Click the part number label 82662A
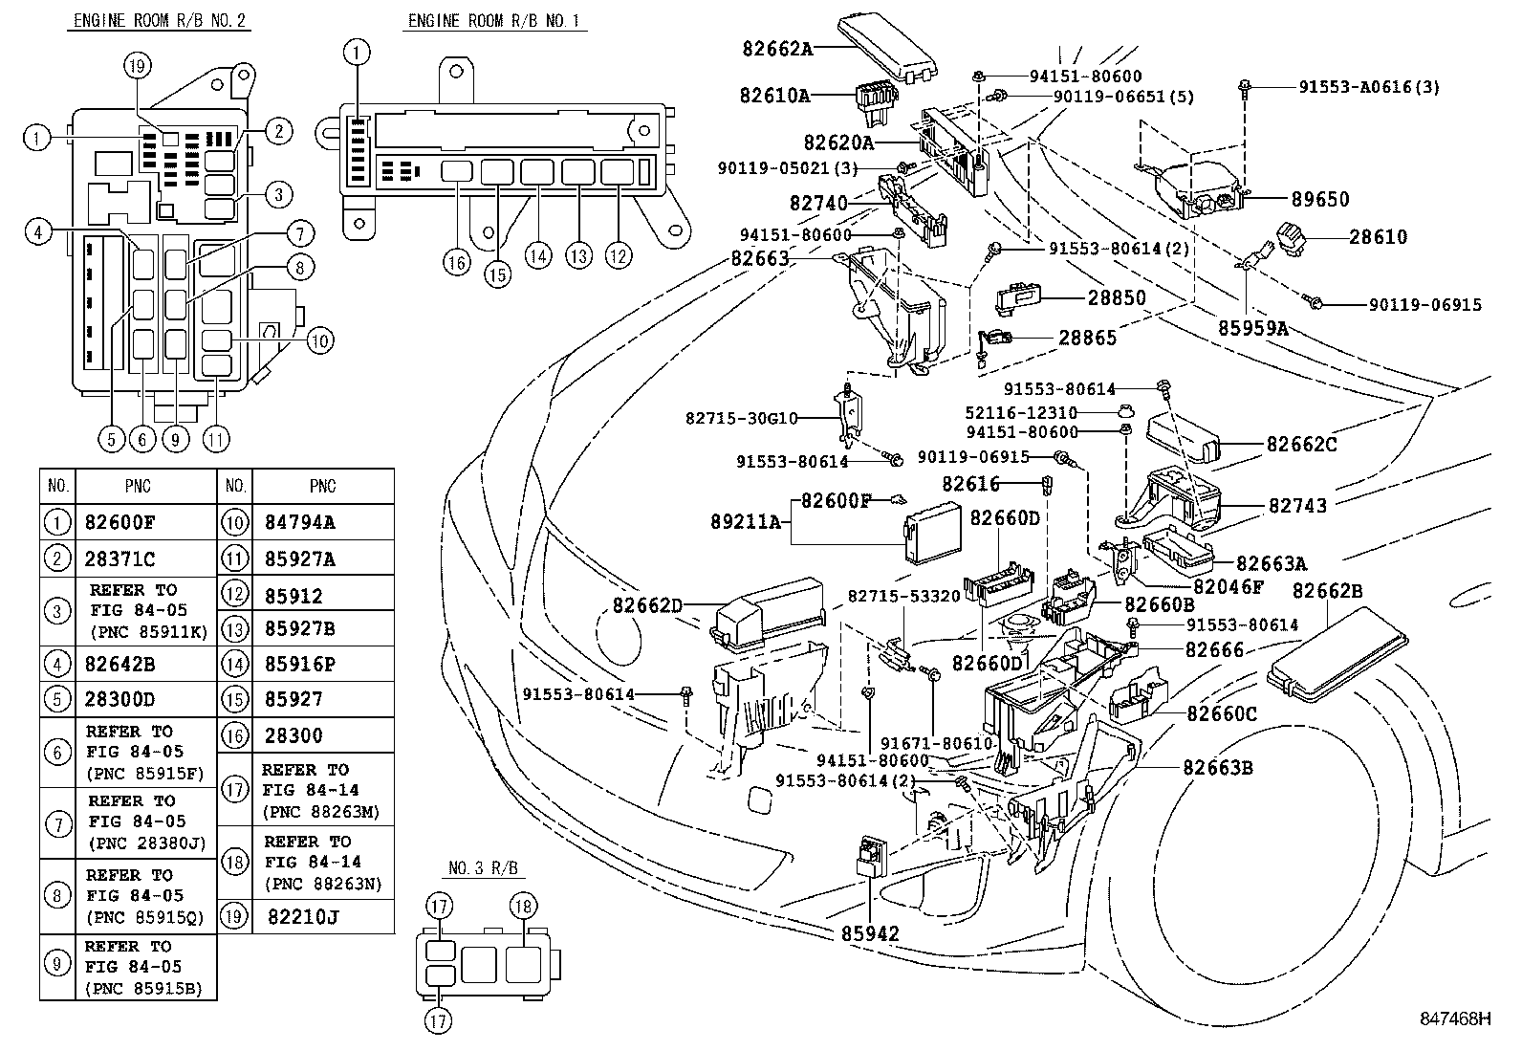point(775,48)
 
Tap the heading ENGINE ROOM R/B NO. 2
point(159,21)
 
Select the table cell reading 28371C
point(120,558)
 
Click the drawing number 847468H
point(1453,1019)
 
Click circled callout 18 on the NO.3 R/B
point(524,906)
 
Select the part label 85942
point(870,933)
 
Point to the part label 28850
point(1116,297)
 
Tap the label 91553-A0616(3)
point(1368,87)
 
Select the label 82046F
point(1228,585)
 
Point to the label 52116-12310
point(1020,413)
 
